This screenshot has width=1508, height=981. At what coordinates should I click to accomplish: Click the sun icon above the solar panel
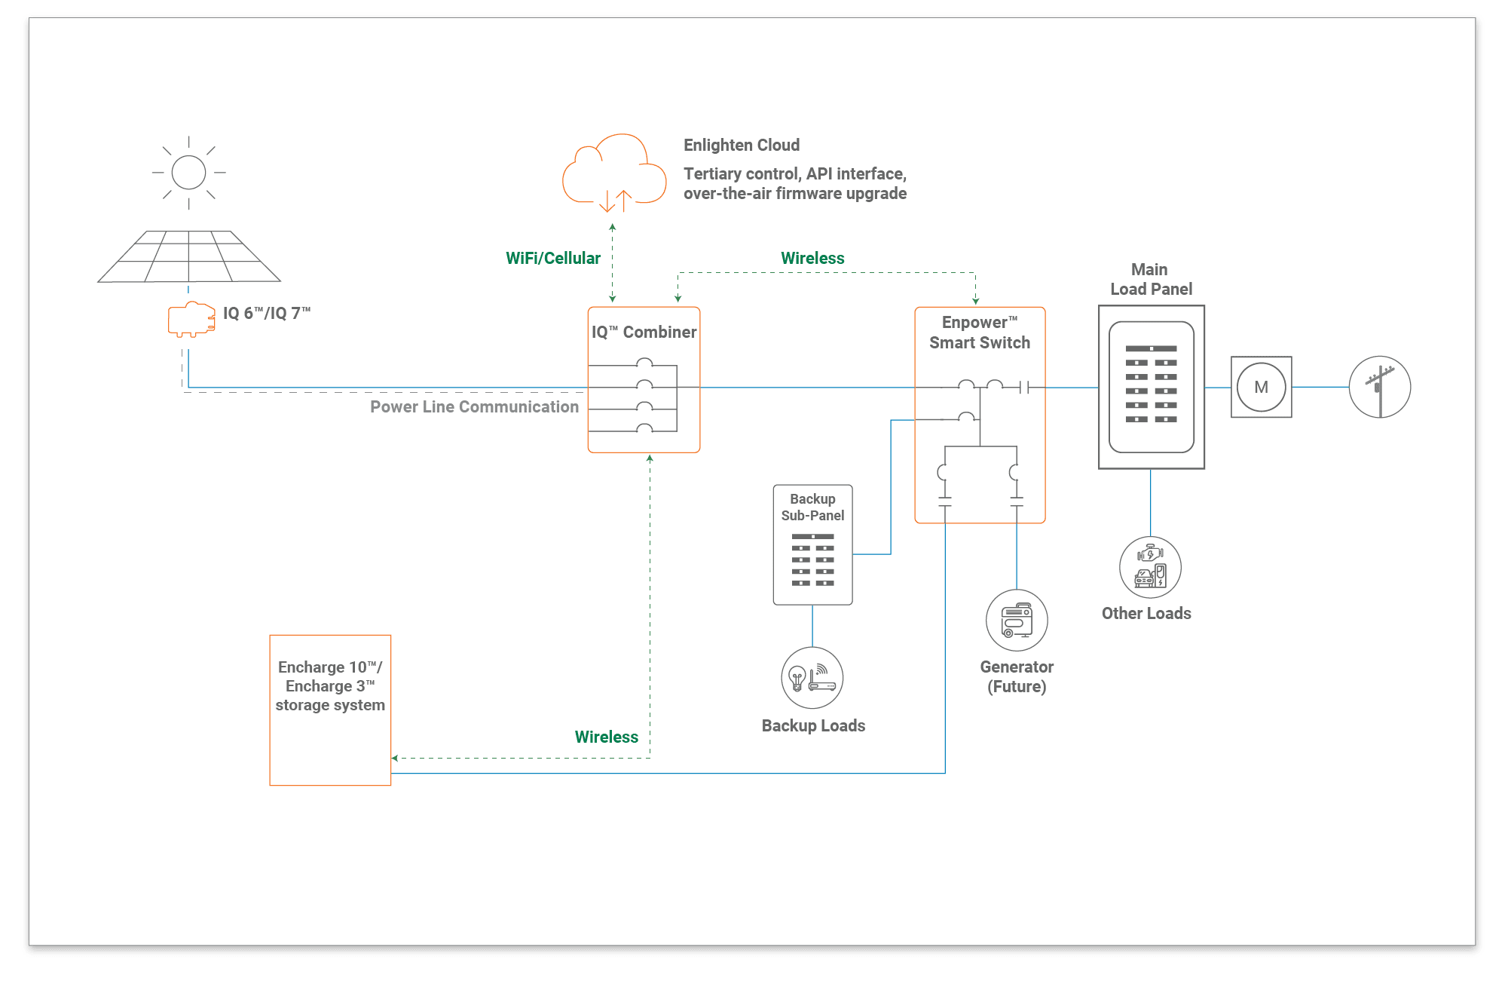188,173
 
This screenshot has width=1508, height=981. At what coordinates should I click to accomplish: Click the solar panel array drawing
189,257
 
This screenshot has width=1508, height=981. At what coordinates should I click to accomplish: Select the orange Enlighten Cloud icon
614,173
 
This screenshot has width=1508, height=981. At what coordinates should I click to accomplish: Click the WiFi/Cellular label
552,259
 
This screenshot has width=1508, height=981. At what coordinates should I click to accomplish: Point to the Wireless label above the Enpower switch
812,259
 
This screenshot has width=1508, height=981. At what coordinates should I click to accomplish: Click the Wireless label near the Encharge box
606,737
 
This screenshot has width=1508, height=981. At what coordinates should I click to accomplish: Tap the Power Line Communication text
474,407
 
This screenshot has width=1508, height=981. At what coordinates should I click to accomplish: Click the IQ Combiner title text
644,333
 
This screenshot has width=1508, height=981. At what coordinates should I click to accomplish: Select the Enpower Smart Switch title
979,333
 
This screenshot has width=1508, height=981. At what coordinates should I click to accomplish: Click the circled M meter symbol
1261,388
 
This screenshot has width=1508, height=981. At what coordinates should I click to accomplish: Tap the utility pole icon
1379,388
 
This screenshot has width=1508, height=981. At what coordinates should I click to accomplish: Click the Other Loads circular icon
1149,567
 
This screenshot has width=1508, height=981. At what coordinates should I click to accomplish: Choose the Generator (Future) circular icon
1017,621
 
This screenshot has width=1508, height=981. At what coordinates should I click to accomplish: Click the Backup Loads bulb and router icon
812,678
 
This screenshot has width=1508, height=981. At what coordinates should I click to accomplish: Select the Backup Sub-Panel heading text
812,507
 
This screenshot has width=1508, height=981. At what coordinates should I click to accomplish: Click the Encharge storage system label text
330,686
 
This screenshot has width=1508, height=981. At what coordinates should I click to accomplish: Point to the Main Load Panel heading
1150,280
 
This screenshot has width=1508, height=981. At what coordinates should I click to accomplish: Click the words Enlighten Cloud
741,146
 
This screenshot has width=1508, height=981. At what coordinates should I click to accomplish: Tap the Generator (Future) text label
1017,676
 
